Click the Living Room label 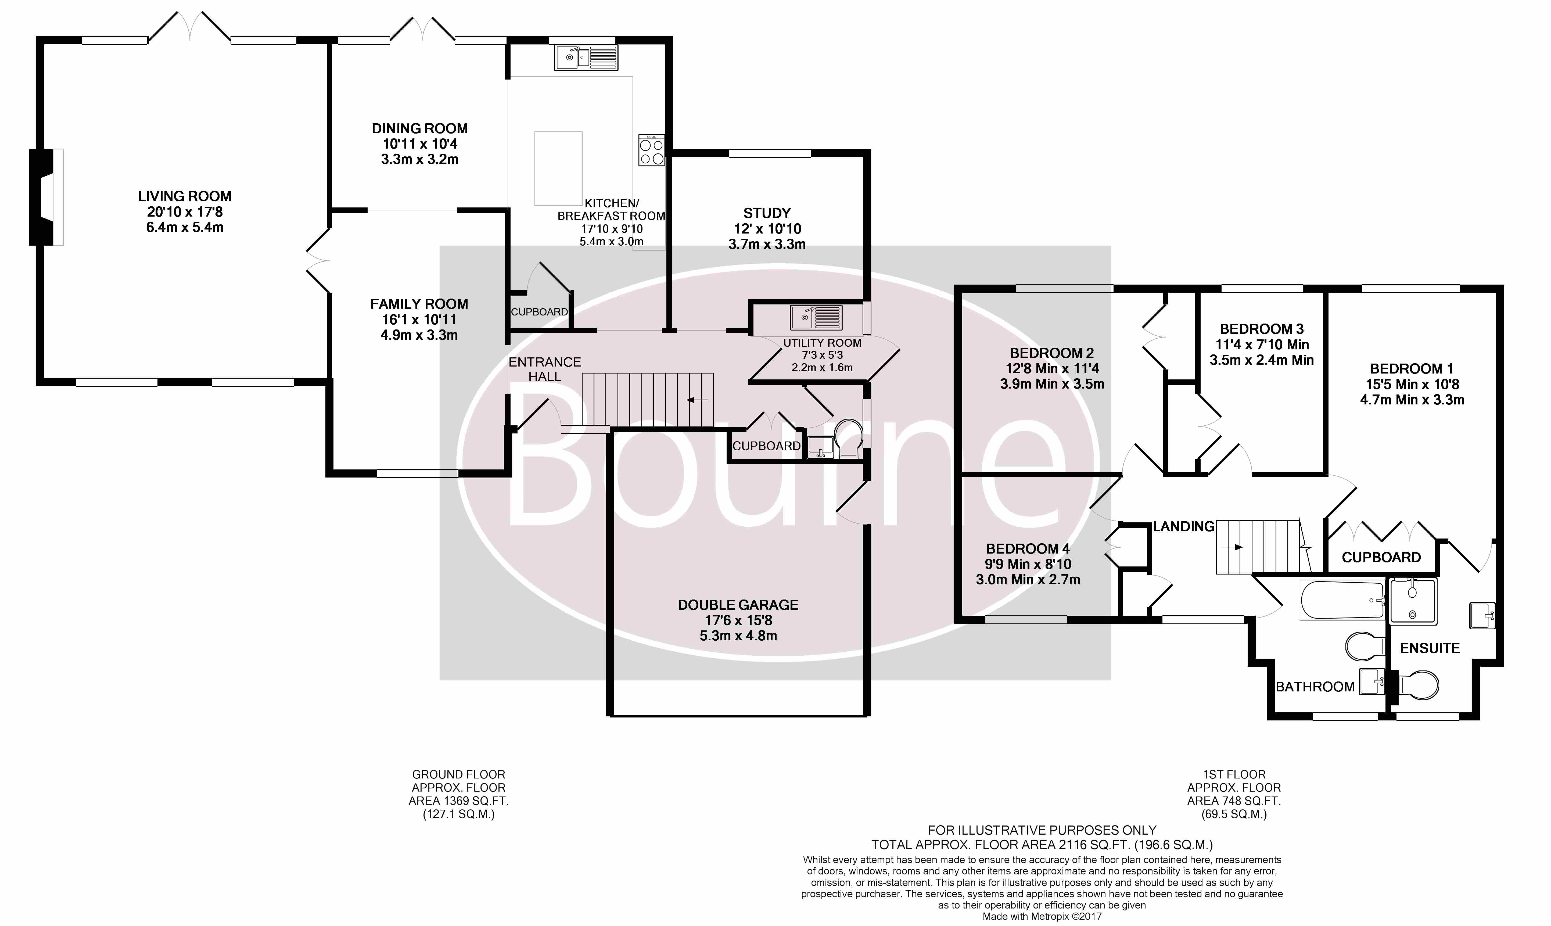185,196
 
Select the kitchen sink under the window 586,58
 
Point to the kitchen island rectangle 558,168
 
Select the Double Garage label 738,605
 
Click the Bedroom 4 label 1028,548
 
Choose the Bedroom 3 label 1262,329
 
